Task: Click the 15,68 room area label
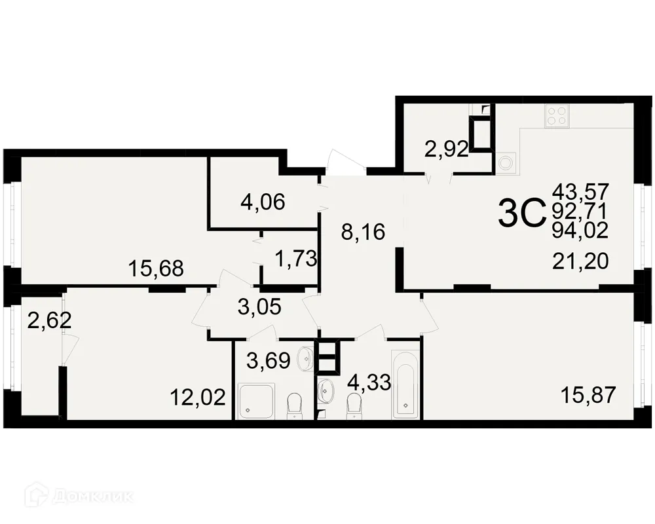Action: (155, 268)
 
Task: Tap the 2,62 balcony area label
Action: (49, 321)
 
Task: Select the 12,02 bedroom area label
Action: (197, 396)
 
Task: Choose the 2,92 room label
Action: (446, 150)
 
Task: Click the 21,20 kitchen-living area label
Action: (580, 261)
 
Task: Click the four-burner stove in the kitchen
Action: (557, 115)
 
